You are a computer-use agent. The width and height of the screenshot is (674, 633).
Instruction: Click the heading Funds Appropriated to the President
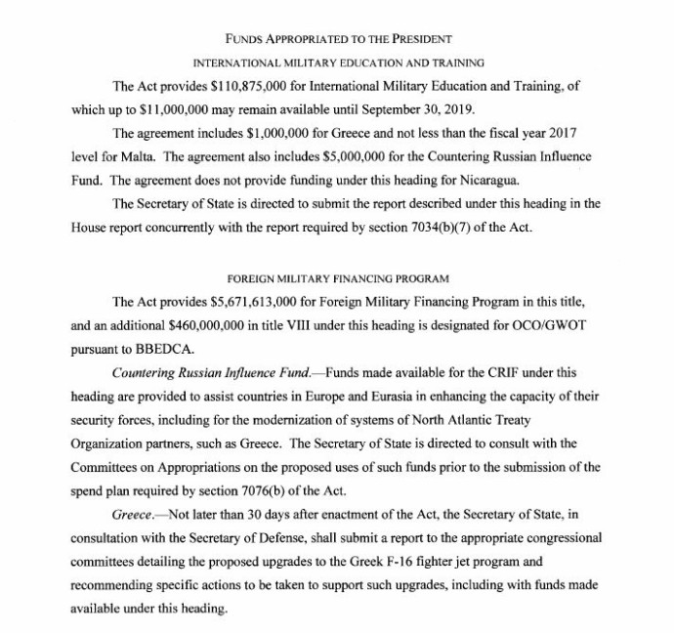337,38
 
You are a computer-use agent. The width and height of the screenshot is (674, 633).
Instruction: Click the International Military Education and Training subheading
337,62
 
